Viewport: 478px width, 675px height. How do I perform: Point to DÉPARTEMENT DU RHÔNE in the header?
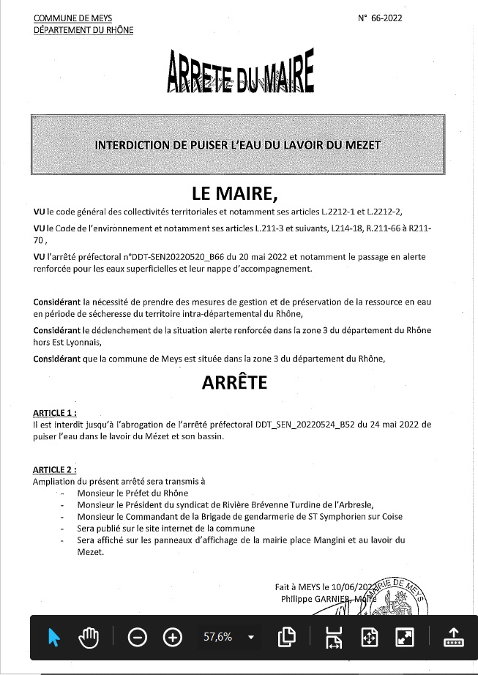coord(83,30)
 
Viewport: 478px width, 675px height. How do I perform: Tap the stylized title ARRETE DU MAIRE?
coord(241,72)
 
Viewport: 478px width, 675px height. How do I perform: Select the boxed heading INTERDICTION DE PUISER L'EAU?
coord(238,146)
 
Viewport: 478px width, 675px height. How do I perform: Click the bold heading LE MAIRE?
coord(236,193)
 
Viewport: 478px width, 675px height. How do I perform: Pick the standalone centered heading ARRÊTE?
coord(234,382)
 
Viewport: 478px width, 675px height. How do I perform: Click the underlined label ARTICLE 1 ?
coord(55,413)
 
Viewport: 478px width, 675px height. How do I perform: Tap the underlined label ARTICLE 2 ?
coord(55,469)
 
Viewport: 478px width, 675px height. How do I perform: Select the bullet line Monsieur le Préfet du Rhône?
coord(132,493)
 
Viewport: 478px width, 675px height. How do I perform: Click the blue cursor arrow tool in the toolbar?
coord(53,637)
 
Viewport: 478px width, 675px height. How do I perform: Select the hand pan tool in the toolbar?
coord(89,637)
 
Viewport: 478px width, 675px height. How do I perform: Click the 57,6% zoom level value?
coord(217,637)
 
